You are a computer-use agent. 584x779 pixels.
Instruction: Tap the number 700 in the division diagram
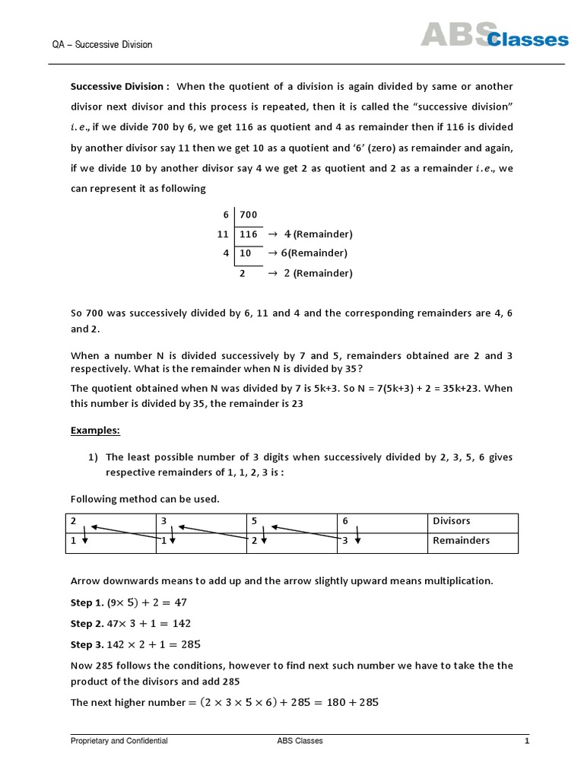pos(249,215)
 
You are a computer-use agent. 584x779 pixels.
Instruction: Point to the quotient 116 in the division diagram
pos(249,234)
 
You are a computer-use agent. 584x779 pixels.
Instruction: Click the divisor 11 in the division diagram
pos(223,234)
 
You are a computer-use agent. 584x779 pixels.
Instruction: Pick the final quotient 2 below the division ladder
pos(243,273)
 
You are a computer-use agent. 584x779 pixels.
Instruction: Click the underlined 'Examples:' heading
pos(95,431)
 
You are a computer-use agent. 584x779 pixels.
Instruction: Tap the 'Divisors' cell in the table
pos(451,521)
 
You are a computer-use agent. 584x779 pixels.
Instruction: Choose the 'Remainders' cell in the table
pos(461,541)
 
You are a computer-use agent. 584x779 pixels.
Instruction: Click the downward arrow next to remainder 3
pos(357,541)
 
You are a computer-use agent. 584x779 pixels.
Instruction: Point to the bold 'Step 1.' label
pos(87,603)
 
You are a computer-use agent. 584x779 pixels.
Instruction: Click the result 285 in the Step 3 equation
pos(191,644)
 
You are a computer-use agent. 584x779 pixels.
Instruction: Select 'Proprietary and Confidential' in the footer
pos(119,741)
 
